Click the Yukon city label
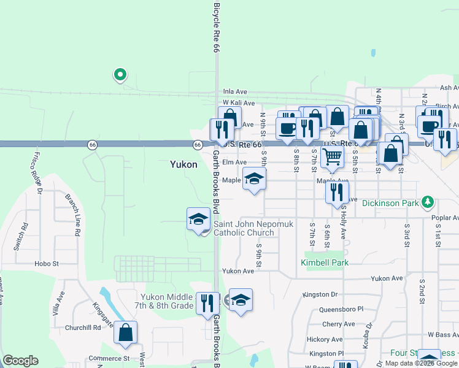tap(183, 164)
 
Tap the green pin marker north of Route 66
tap(120, 75)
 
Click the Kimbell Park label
tap(325, 263)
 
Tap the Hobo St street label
tap(46, 264)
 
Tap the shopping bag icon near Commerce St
tap(126, 333)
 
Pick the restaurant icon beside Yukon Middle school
tap(207, 303)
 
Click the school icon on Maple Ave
tap(254, 179)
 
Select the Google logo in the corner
tap(20, 361)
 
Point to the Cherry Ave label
tap(339, 324)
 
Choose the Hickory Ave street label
tap(325, 339)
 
